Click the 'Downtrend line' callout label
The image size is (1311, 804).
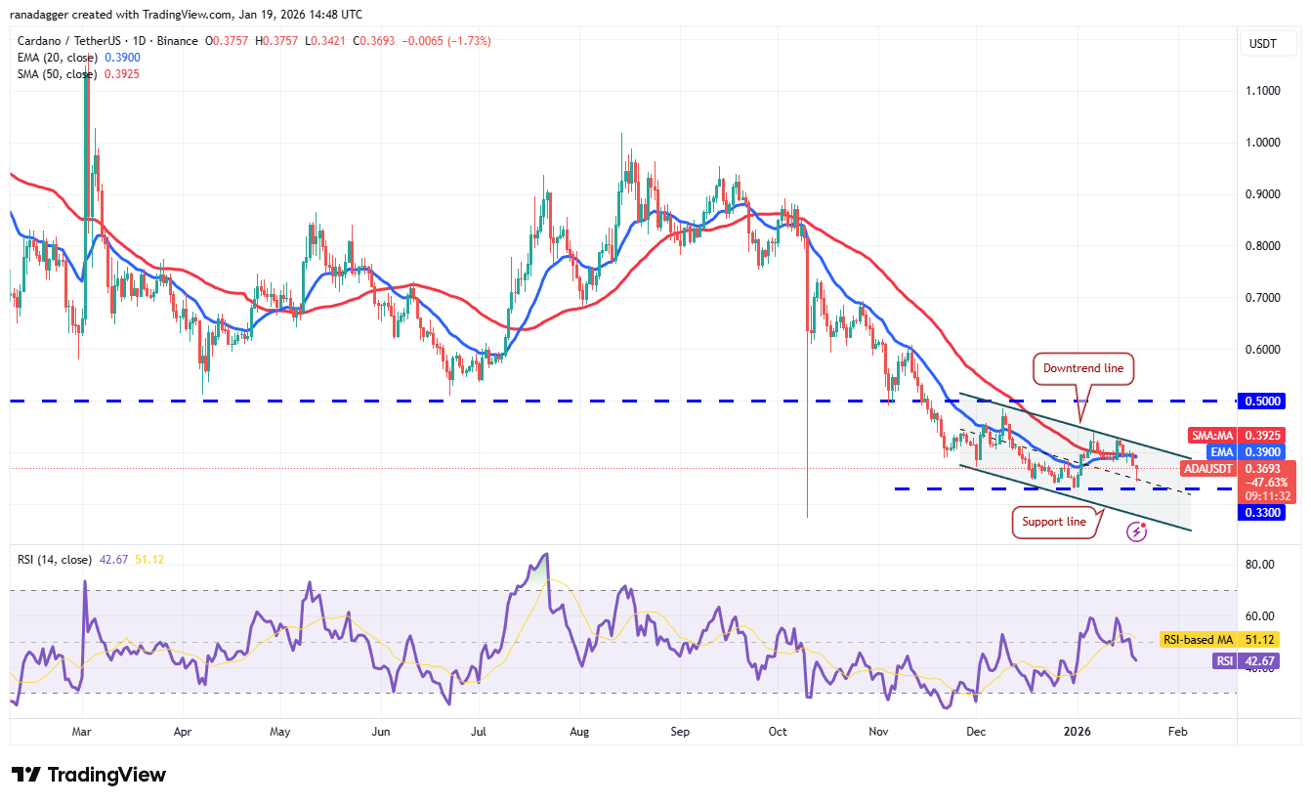click(x=1083, y=368)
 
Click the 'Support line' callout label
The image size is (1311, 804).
click(x=1054, y=522)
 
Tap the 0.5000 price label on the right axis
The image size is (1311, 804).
click(x=1263, y=401)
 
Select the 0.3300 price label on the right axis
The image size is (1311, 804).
click(x=1263, y=512)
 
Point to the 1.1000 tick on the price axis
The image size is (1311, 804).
click(x=1262, y=91)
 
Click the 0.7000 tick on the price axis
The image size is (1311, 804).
click(x=1262, y=297)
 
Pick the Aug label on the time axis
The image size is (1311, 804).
click(x=580, y=731)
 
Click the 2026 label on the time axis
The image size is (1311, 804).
click(x=1078, y=731)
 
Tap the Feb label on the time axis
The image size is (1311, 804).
click(x=1178, y=731)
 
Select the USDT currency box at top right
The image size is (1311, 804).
click(x=1263, y=43)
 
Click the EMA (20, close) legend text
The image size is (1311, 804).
click(x=58, y=58)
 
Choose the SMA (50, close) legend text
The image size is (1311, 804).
click(x=59, y=73)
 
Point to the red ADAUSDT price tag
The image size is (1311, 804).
click(x=1212, y=469)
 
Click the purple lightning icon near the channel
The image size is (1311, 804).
click(x=1136, y=530)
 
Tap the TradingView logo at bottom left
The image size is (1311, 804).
click(x=89, y=775)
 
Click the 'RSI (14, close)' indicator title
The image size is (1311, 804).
click(x=54, y=560)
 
